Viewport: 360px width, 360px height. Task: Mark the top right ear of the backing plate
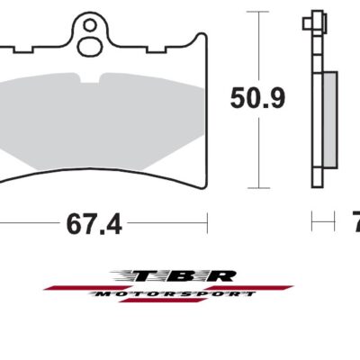point(196,41)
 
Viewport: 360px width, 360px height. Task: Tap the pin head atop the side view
point(313,18)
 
